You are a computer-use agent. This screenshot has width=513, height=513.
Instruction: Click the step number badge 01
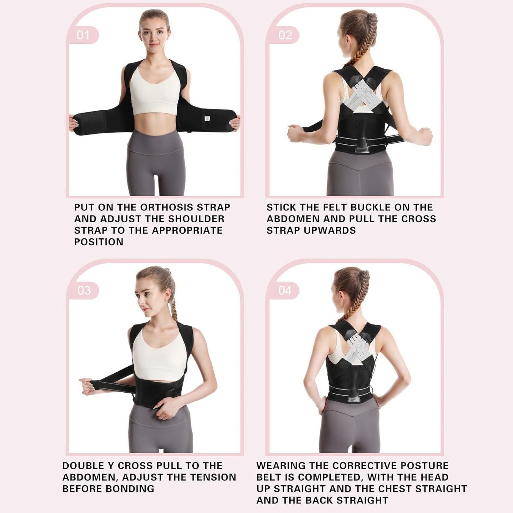83,35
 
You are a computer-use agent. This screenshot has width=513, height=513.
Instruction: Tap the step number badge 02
285,35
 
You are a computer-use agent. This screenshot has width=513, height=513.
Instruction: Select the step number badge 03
84,290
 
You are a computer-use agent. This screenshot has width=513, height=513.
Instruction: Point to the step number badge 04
285,290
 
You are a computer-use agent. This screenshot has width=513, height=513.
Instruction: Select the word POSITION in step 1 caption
99,242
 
